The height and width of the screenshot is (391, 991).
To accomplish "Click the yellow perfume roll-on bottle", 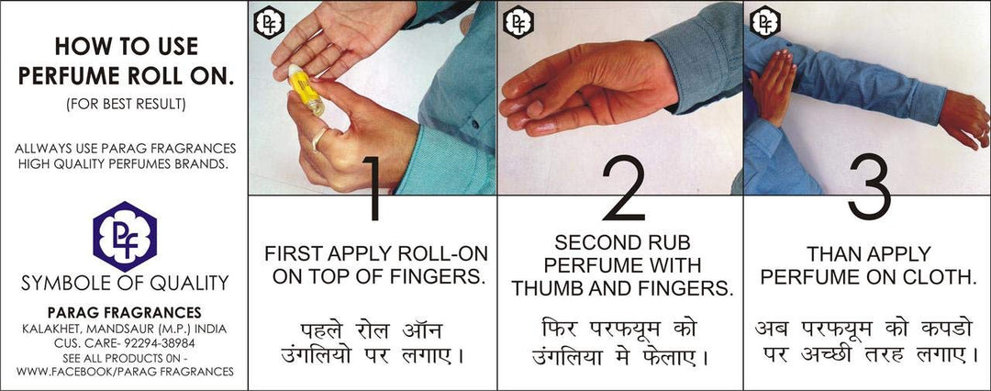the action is (x=306, y=90).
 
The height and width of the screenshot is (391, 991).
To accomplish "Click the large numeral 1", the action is (x=374, y=188).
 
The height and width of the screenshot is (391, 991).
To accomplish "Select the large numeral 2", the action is (x=623, y=188).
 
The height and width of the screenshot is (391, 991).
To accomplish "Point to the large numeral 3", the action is (x=869, y=187).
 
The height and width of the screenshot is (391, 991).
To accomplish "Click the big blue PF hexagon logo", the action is (x=125, y=237).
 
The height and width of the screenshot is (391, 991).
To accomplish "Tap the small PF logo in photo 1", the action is (x=269, y=22).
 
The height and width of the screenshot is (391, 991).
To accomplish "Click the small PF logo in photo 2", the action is (x=518, y=22).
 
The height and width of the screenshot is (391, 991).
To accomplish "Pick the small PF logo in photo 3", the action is (x=764, y=22).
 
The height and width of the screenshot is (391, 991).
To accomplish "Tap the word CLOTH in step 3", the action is (x=935, y=277).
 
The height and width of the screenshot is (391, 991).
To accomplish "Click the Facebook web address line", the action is (x=125, y=372).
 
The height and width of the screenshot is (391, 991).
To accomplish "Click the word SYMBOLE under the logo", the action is (x=68, y=283).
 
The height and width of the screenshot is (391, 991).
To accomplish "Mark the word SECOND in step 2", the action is (x=593, y=243).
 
